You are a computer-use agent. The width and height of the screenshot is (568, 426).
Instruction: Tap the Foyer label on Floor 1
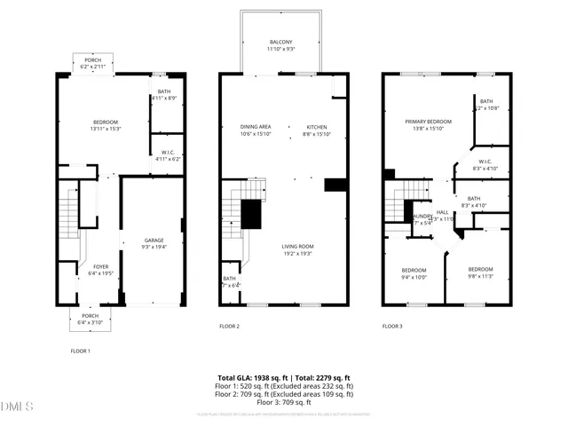(x=100, y=265)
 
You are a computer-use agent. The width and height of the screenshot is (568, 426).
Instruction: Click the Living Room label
(x=299, y=246)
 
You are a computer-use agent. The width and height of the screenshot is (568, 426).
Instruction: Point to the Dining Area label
(x=256, y=127)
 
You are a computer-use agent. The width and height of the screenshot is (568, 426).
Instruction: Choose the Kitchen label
(x=318, y=127)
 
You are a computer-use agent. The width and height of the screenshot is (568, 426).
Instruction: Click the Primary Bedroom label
(x=429, y=122)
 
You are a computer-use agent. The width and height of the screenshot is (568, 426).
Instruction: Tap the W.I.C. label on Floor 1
(x=167, y=152)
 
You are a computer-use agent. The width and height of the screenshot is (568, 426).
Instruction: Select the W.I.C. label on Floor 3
(x=473, y=162)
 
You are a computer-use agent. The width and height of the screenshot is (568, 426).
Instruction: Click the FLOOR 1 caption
(x=81, y=351)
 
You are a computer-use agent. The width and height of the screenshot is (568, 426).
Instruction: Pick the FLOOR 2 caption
(x=230, y=327)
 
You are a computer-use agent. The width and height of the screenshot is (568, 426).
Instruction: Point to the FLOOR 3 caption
(x=392, y=327)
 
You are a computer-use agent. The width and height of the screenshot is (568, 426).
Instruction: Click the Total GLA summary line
(x=284, y=378)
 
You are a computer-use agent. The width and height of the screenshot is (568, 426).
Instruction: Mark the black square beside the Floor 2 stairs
(x=252, y=213)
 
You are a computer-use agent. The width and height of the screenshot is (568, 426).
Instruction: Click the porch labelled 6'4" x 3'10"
(x=91, y=319)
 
